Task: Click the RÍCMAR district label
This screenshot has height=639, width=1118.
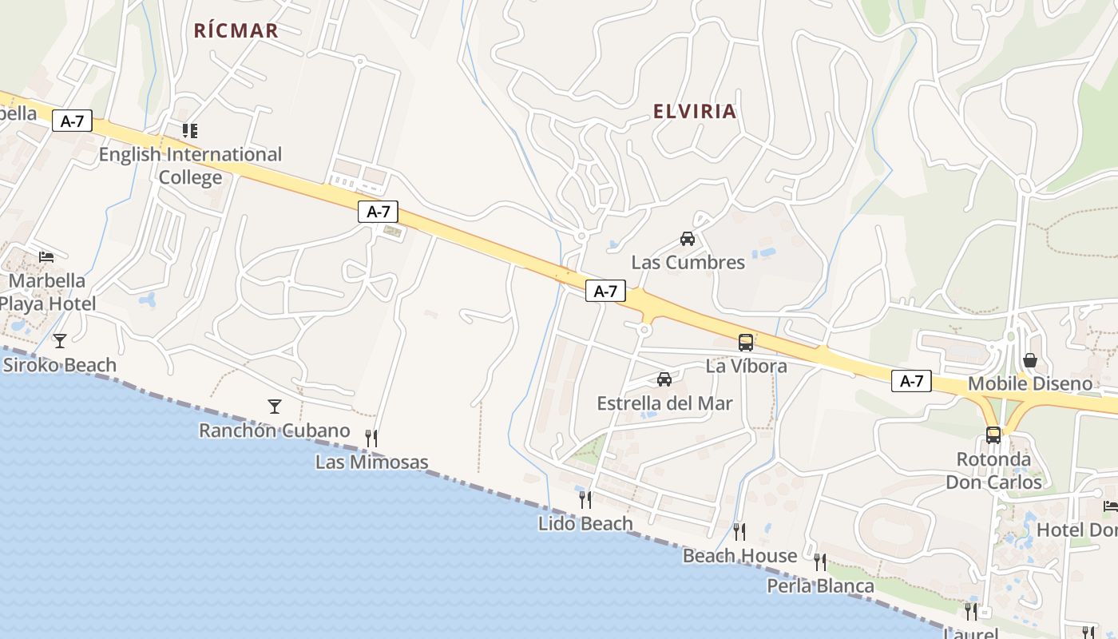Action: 236,30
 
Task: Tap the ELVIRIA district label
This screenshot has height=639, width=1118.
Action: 695,111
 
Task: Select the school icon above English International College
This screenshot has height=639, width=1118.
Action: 190,130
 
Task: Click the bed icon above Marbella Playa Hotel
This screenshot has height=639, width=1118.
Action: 46,257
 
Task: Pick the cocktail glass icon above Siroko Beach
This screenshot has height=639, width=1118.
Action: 60,341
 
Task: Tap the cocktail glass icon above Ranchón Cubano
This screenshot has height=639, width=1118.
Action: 275,407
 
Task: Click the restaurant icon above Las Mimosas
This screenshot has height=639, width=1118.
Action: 371,438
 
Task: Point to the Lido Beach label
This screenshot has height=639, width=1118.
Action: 585,524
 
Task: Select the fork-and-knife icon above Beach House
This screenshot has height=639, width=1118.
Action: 739,531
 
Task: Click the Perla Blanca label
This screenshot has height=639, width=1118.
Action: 820,586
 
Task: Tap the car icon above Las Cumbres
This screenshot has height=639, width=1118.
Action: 688,238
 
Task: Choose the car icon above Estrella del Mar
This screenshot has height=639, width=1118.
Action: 664,379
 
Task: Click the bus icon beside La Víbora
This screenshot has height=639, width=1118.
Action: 746,343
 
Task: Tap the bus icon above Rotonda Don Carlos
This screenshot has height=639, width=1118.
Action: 993,435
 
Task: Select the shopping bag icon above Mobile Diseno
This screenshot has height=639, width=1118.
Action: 1030,360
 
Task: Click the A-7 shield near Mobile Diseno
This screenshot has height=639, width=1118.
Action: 911,381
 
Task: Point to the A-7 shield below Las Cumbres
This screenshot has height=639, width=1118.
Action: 605,292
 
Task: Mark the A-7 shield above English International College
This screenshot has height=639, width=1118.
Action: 72,121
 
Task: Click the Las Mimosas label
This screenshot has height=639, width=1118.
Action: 371,462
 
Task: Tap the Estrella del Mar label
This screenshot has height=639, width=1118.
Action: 664,403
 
